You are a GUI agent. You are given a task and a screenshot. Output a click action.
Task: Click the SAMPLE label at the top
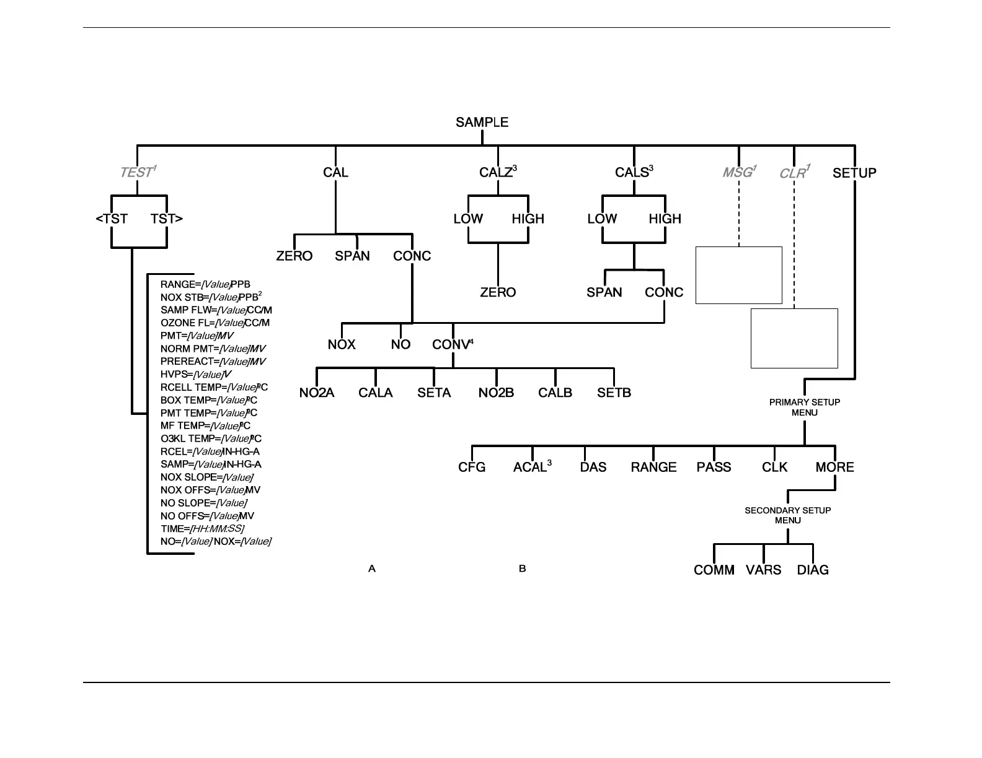pyautogui.click(x=482, y=123)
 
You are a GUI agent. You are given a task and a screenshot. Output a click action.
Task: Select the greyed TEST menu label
pyautogui.click(x=137, y=172)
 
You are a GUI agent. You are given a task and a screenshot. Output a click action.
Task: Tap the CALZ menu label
pyautogui.click(x=496, y=173)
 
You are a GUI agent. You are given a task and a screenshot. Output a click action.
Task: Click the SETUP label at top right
pyautogui.click(x=854, y=173)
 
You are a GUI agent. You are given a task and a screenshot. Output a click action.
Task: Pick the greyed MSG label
pyautogui.click(x=738, y=172)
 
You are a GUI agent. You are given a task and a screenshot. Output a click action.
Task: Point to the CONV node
pyautogui.click(x=451, y=344)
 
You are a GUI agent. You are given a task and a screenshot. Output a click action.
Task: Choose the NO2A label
pyautogui.click(x=317, y=393)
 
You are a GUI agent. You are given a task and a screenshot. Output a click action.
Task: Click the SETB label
pyautogui.click(x=614, y=393)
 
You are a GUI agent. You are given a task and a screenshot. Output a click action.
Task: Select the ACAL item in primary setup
pyautogui.click(x=530, y=467)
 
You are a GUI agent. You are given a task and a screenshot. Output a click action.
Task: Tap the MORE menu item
pyautogui.click(x=834, y=467)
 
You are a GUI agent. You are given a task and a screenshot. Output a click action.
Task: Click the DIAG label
pyautogui.click(x=813, y=570)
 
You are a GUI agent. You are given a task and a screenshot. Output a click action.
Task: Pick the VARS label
pyautogui.click(x=763, y=570)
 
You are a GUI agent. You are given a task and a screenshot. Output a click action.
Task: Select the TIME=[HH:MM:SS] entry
pyautogui.click(x=202, y=529)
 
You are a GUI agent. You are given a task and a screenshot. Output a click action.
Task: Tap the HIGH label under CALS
pyautogui.click(x=665, y=219)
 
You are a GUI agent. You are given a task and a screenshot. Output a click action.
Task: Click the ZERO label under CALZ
pyautogui.click(x=498, y=292)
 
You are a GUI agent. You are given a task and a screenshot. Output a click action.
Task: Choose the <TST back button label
pyautogui.click(x=112, y=219)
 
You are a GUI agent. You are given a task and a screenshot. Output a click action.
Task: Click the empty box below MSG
pyautogui.click(x=738, y=275)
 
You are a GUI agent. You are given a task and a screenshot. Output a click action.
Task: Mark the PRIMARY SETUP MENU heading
pyautogui.click(x=805, y=407)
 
